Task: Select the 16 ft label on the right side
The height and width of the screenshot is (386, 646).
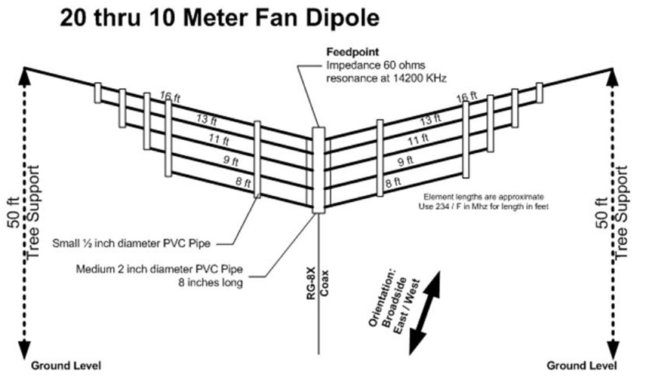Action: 467,98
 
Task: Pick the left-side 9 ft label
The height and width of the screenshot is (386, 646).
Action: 231,162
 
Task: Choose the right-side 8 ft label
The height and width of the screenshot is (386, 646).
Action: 393,183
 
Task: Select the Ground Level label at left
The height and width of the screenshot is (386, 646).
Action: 66,365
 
